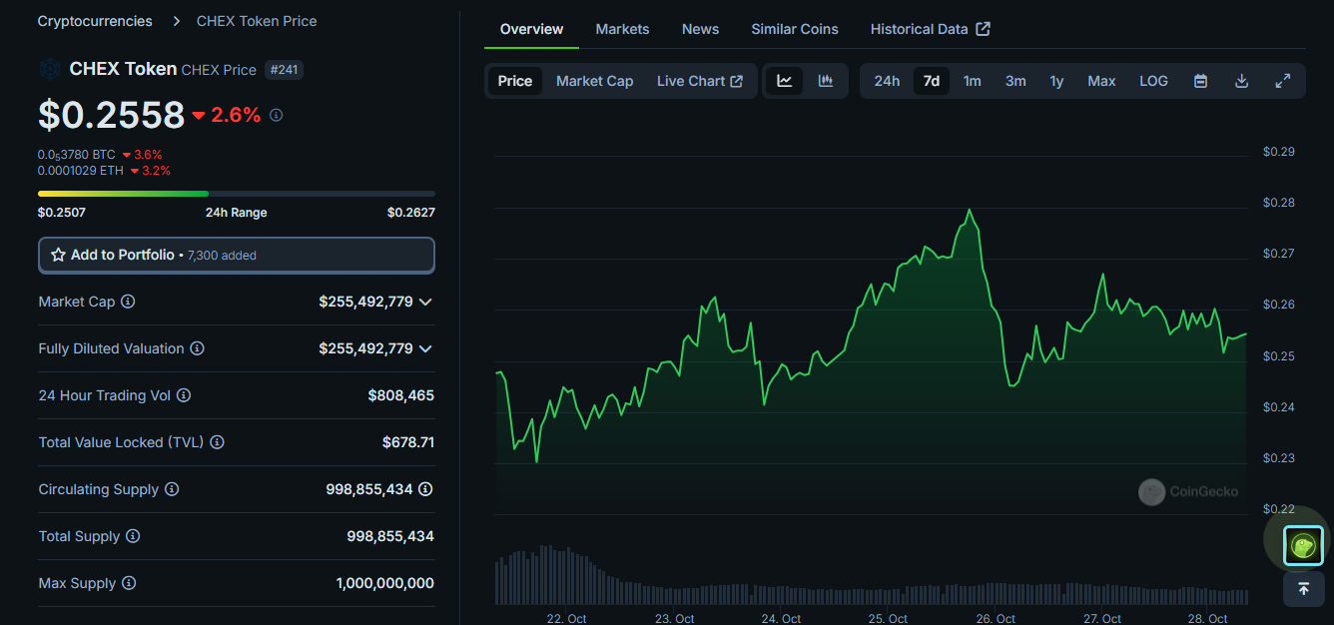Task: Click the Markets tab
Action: pos(622,29)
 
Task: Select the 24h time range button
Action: pos(887,81)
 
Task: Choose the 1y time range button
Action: pos(1056,81)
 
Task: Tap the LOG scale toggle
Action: pos(1153,81)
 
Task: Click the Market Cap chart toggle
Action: pos(594,81)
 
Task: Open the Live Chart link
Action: pos(699,81)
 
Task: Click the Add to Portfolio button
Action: pos(236,255)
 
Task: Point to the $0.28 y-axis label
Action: pos(1278,203)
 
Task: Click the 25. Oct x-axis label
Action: pos(889,619)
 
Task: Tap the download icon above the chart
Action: pos(1241,81)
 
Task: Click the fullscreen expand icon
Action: pos(1283,81)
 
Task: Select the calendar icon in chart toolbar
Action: pos(1200,81)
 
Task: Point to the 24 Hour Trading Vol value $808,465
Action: pos(400,395)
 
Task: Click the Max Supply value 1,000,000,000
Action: pos(384,583)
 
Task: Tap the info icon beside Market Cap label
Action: pos(128,302)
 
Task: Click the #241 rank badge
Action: pos(284,70)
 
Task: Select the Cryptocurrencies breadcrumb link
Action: pos(95,21)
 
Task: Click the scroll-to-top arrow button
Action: pos(1303,589)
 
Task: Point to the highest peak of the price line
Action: pos(969,210)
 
